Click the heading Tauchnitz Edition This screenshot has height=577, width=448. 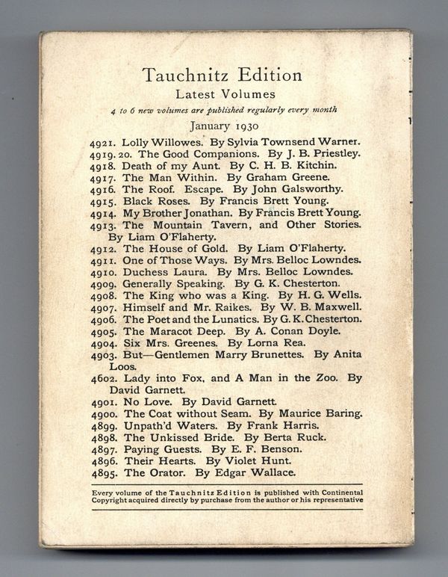coord(222,75)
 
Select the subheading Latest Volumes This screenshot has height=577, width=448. coord(225,94)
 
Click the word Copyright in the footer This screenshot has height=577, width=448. coord(112,500)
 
